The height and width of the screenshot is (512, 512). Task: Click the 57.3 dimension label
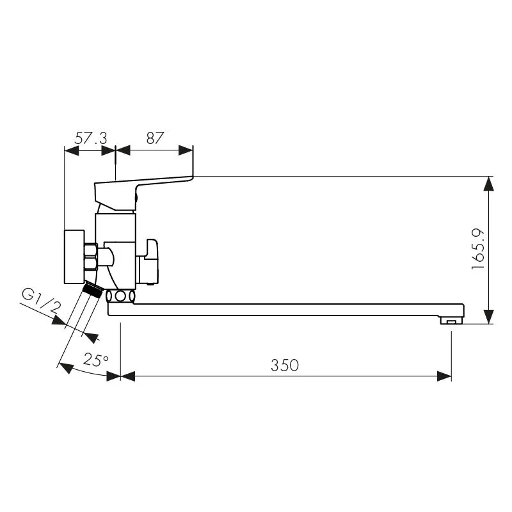(x=91, y=138)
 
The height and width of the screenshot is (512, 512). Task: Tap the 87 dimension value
(x=155, y=138)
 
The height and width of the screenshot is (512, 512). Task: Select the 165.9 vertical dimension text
(x=478, y=249)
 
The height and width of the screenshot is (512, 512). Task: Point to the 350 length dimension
(x=285, y=365)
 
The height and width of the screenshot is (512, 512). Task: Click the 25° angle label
(x=95, y=360)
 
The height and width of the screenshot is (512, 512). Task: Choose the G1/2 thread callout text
(x=42, y=301)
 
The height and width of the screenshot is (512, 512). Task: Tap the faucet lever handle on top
(x=143, y=193)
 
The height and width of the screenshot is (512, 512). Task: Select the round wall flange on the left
(x=74, y=257)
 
